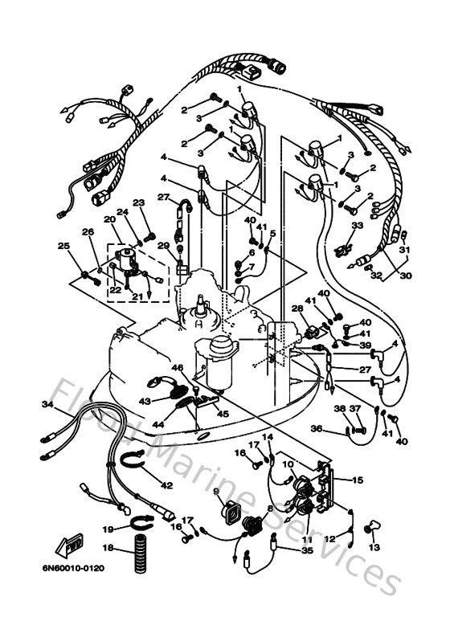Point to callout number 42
coord(166,485)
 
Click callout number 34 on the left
coord(47,407)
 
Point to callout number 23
coord(137,202)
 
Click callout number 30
coord(405,275)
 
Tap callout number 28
coord(297,308)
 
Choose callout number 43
coord(145,399)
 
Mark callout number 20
coord(108,219)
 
